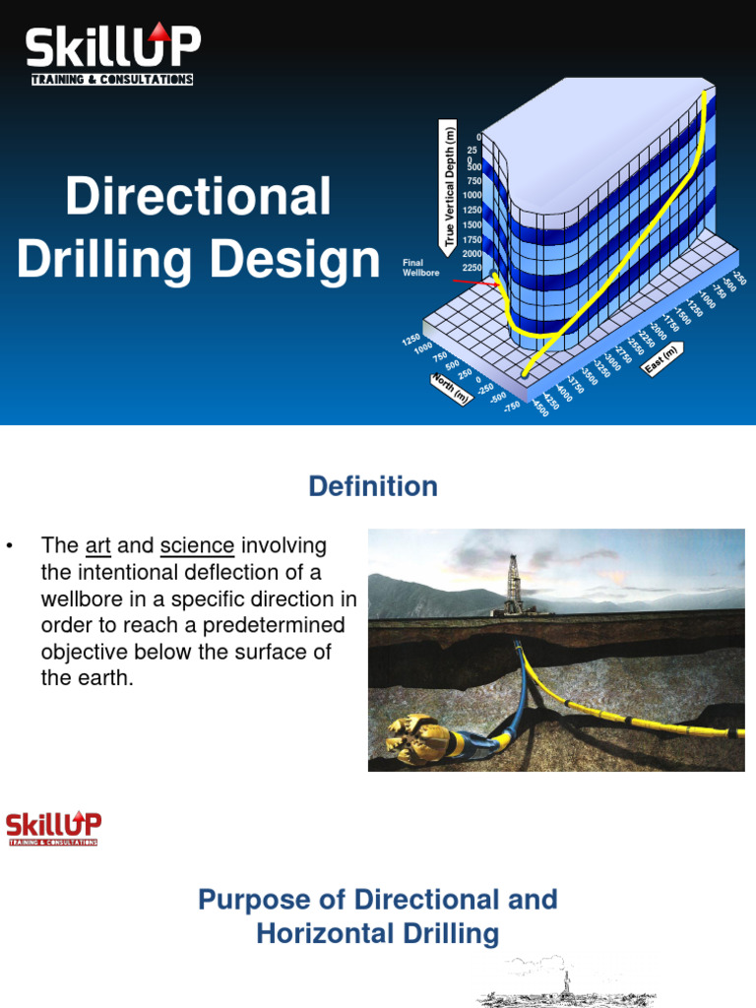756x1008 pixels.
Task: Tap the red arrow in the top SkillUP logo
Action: point(159,33)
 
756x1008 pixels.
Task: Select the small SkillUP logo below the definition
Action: point(53,828)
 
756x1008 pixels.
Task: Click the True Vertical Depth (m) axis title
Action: point(450,185)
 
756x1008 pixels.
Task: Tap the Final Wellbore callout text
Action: point(414,268)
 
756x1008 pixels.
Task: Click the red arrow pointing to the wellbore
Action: point(472,283)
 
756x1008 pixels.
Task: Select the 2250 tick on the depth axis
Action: point(472,268)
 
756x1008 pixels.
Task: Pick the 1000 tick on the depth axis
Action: point(472,195)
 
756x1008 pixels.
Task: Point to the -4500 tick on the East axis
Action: point(540,409)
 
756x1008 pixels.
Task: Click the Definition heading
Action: point(373,486)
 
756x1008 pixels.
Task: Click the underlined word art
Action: point(97,545)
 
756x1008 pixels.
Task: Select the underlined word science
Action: point(197,545)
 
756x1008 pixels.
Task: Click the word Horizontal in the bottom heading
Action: point(329,933)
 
